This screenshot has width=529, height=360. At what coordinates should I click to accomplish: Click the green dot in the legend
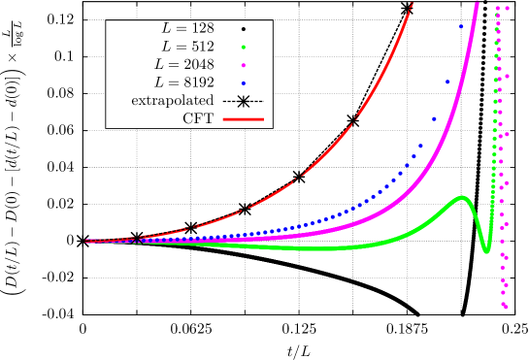coord(243,47)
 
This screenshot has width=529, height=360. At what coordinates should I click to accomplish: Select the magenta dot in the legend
coord(243,65)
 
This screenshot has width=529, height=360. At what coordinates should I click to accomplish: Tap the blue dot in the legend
coord(243,83)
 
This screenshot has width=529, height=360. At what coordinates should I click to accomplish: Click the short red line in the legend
coord(243,119)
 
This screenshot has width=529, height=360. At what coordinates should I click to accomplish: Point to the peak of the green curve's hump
coord(463,198)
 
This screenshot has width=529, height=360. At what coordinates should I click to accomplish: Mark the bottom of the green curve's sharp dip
coord(486,250)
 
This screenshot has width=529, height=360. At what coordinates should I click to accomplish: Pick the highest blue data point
coord(461,26)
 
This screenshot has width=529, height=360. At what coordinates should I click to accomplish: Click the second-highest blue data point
coord(447,82)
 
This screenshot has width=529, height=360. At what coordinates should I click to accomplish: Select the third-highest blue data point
coord(434,118)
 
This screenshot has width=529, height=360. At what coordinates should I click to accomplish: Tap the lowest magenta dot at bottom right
coord(506,307)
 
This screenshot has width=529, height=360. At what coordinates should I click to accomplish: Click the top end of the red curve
coord(412,4)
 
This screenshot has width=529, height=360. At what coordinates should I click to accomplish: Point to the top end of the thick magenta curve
coord(477,3)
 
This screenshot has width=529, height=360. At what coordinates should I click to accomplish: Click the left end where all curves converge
coord(87,241)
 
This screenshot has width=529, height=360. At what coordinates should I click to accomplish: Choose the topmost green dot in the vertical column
coord(498,8)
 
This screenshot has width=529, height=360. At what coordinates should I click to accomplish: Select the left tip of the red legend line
coord(223,119)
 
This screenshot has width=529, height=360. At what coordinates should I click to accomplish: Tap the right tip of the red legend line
coord(263,119)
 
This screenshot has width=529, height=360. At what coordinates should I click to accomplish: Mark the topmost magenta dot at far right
coord(507,8)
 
